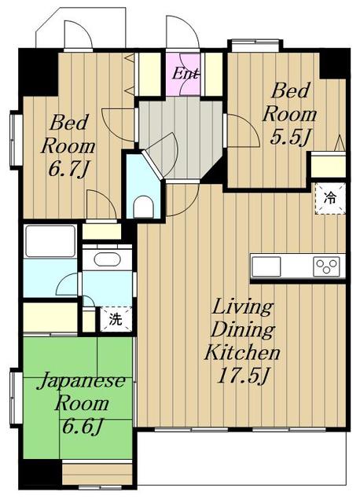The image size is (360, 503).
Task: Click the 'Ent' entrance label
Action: click(x=186, y=74)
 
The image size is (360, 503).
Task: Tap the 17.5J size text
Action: click(x=243, y=375)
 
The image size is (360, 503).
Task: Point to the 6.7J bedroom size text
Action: click(x=68, y=169)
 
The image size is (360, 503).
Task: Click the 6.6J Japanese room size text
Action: click(x=82, y=426)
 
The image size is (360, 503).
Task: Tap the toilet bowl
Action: click(x=143, y=207)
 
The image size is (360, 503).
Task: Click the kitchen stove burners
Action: click(x=327, y=266)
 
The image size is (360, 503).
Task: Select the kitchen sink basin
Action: click(x=266, y=266)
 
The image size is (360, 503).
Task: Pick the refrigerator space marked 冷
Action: click(x=330, y=198)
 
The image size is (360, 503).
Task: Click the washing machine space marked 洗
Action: click(x=116, y=319)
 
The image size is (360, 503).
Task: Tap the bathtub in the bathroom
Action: click(x=50, y=241)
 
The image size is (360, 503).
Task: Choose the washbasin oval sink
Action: click(x=108, y=259)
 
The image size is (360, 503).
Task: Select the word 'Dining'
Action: click(x=243, y=329)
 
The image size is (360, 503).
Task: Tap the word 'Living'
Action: click(x=243, y=307)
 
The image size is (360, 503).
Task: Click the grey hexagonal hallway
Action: click(x=181, y=138)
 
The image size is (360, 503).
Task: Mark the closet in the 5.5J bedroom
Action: click(x=328, y=164)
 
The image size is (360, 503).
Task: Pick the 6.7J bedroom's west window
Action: click(x=17, y=140)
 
